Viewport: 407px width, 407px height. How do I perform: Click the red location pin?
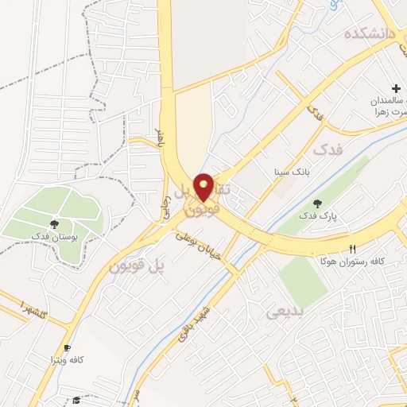click(204, 187)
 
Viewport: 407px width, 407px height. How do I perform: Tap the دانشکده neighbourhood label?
click(370, 34)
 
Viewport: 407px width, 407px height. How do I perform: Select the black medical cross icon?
click(396, 87)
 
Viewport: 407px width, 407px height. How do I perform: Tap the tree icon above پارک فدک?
click(318, 203)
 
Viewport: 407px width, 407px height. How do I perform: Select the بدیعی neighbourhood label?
click(285, 313)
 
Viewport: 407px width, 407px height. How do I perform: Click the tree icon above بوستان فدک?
click(54, 225)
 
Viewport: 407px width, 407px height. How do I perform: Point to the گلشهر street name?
click(36, 308)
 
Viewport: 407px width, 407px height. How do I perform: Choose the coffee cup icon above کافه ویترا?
click(67, 347)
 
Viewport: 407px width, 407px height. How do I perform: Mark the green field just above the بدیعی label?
click(302, 280)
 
